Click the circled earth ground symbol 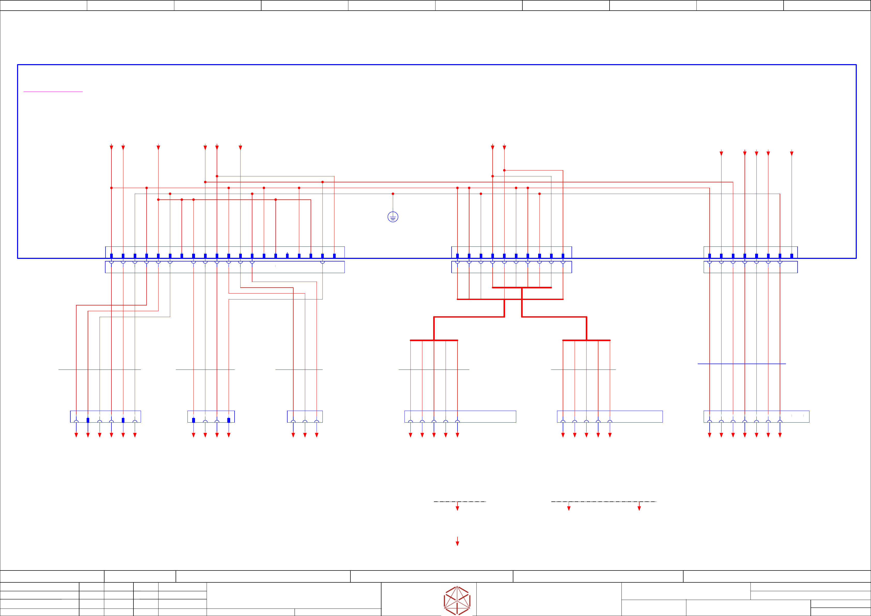point(393,217)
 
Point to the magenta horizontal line point(53,91)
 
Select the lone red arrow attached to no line point(457,542)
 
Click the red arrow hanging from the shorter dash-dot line point(457,508)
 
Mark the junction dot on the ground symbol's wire point(393,194)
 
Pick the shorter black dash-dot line point(460,502)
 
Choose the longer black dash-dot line point(603,502)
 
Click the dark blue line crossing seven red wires point(742,364)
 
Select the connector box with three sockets point(305,416)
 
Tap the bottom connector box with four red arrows point(211,416)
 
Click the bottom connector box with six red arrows point(106,416)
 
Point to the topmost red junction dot point(504,170)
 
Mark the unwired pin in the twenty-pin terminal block point(287,256)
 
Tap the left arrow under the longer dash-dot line point(569,508)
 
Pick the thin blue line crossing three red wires point(299,370)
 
